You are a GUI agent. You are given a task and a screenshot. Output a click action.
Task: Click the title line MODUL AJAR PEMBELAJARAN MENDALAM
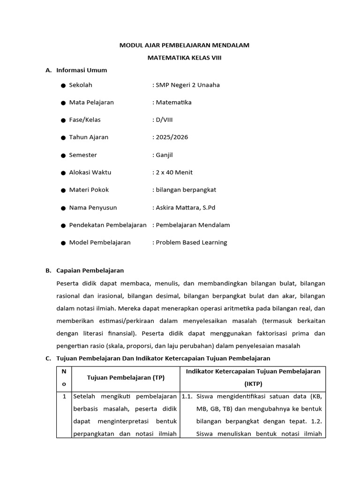pos(184,45)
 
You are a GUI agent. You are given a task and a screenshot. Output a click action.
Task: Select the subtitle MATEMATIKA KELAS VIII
pos(184,58)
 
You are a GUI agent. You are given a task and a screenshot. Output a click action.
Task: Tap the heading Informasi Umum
pos(82,70)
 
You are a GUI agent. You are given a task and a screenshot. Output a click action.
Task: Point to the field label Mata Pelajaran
pos(91,102)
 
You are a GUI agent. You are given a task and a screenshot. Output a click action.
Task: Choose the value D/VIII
pos(161,120)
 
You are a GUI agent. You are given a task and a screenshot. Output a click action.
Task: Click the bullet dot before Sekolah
pos(63,85)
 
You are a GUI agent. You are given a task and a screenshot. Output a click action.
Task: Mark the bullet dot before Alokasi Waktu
pos(63,172)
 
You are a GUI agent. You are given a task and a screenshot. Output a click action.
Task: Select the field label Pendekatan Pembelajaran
pos(108,225)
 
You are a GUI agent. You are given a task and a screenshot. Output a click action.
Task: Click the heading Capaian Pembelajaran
pos(90,270)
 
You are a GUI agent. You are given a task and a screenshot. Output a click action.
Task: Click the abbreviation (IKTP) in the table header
pos(253,384)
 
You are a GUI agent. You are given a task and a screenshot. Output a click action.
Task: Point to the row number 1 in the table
pos(64,397)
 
